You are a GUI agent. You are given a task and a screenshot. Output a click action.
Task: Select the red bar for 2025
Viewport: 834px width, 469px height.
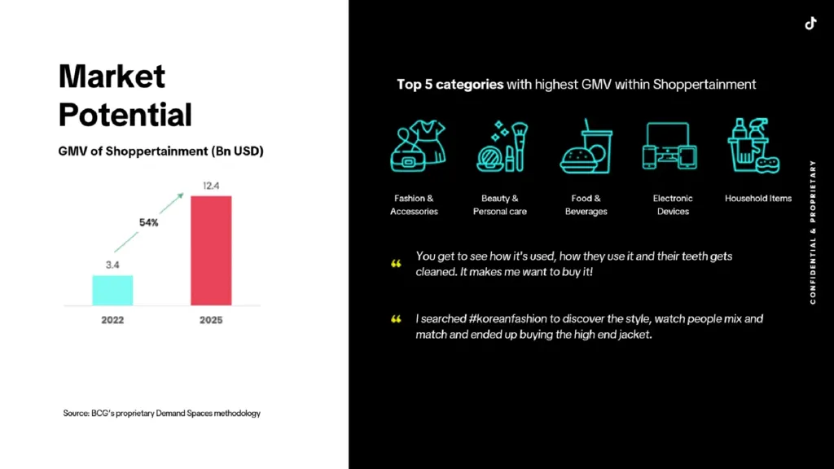(211, 250)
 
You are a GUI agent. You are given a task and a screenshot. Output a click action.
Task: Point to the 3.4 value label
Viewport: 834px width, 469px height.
(112, 265)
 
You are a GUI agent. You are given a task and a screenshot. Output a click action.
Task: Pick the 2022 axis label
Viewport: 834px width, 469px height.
(112, 320)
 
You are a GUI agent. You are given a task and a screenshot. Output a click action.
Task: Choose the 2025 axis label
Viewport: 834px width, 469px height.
(211, 320)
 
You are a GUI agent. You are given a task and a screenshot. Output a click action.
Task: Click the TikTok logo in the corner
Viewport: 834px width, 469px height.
(810, 23)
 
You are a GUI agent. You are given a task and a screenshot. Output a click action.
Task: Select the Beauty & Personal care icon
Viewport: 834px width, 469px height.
(500, 147)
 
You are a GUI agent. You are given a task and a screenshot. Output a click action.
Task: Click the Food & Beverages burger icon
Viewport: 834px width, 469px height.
(586, 147)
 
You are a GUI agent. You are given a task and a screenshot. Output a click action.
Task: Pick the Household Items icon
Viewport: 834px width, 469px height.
(753, 147)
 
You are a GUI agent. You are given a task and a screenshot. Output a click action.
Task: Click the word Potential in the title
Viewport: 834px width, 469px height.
(125, 114)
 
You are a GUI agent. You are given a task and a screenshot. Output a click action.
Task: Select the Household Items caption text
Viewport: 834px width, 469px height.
(758, 199)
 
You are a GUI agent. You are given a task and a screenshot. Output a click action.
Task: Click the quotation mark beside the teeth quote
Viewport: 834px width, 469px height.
(397, 264)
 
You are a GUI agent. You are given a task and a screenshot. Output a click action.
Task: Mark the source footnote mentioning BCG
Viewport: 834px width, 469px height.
(161, 414)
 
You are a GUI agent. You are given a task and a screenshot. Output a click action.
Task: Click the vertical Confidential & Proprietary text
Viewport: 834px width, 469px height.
(813, 232)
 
